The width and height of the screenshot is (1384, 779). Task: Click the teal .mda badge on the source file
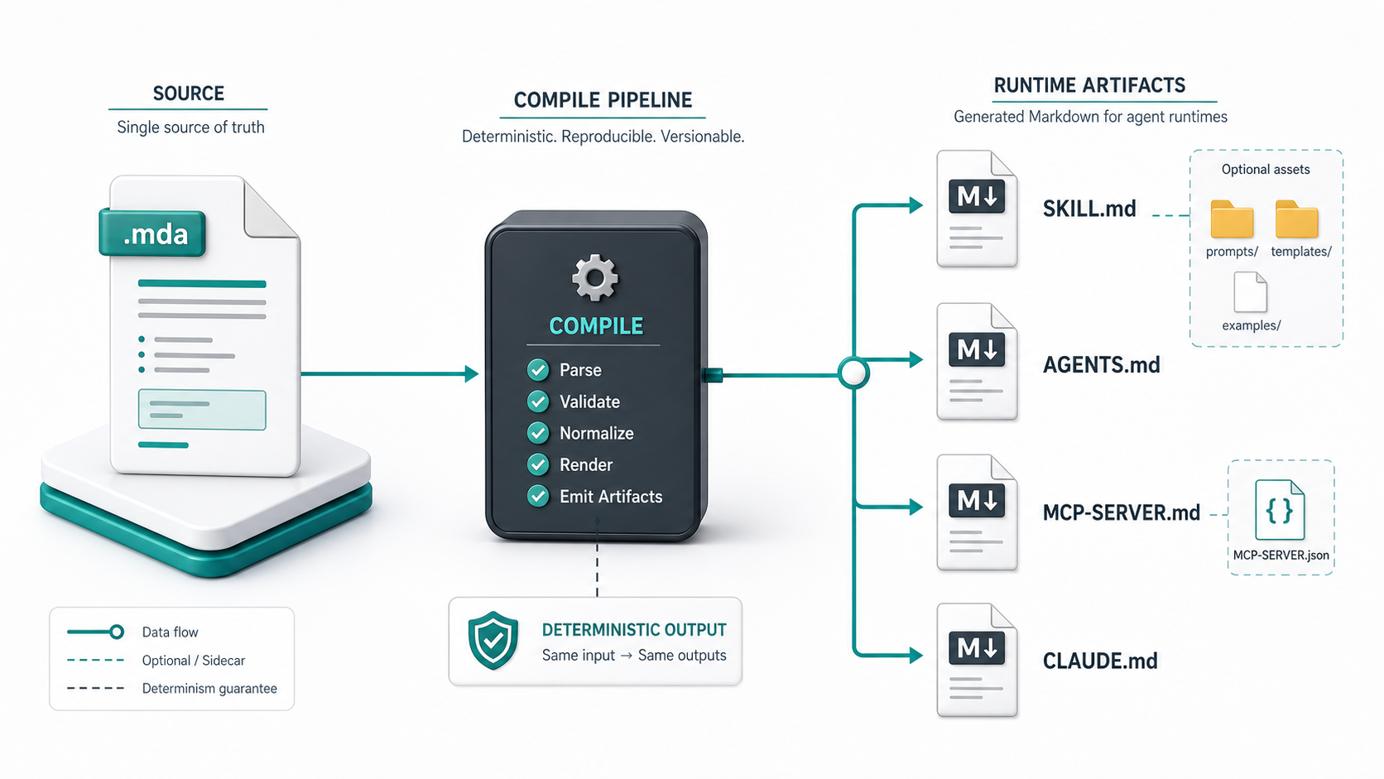[152, 233]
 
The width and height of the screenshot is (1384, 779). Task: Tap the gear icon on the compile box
[594, 277]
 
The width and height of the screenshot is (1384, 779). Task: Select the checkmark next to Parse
[538, 369]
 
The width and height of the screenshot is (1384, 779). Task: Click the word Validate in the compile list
[589, 402]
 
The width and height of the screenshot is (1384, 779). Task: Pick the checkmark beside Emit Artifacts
[538, 495]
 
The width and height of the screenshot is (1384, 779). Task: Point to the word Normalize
[596, 433]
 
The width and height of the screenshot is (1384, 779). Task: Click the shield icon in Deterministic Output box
[493, 641]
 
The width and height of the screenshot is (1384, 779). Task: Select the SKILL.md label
[1089, 209]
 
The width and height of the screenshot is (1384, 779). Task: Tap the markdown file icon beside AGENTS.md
[977, 362]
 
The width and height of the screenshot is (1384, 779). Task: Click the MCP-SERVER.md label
[1122, 512]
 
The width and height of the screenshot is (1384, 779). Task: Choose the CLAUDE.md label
[1100, 661]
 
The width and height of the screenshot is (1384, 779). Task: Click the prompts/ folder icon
[1232, 219]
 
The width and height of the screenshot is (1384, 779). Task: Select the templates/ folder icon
[1297, 219]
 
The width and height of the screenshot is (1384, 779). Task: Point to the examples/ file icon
[1251, 292]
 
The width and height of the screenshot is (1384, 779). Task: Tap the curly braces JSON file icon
[1280, 510]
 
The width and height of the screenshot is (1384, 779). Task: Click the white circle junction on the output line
[854, 373]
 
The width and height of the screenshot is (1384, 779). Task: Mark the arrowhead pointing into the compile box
[472, 373]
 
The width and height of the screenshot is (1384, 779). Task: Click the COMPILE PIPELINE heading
[603, 100]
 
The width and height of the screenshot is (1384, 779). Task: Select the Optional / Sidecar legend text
[194, 661]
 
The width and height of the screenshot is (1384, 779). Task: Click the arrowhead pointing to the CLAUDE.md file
[915, 656]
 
